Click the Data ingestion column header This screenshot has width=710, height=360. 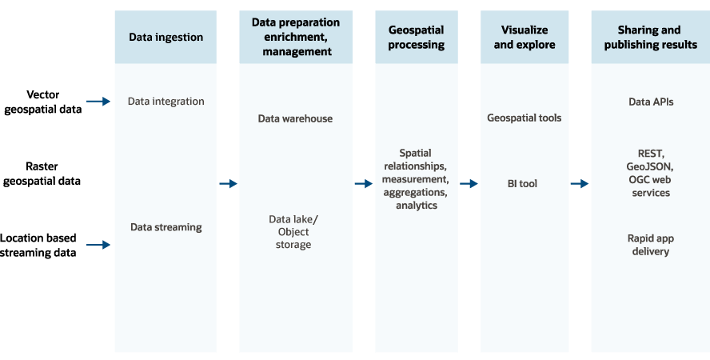click(166, 38)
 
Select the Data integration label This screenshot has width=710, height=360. click(166, 102)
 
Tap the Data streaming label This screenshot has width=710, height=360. click(166, 227)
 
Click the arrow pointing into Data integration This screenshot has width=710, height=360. click(98, 102)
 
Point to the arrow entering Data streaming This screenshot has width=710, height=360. click(98, 245)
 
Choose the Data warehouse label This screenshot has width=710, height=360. click(295, 118)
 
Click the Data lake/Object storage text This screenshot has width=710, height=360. click(293, 232)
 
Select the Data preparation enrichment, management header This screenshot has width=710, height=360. click(296, 37)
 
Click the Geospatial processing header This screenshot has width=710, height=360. click(416, 37)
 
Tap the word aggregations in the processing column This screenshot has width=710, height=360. click(415, 194)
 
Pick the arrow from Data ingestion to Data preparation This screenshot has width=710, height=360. click(228, 184)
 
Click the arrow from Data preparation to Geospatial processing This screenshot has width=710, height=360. click(364, 184)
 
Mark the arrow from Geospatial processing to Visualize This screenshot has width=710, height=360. click(469, 184)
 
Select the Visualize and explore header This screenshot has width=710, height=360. click(524, 37)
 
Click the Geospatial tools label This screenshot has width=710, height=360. click(524, 118)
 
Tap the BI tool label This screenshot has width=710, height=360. click(522, 184)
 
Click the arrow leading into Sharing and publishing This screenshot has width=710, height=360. click(579, 184)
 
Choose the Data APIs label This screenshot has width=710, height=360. click(650, 102)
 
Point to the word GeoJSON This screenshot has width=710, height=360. click(649, 166)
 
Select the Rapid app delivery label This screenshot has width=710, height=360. click(648, 245)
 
